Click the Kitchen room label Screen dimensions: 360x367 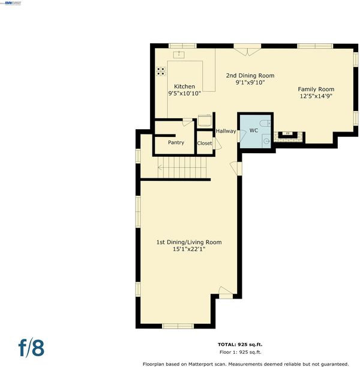click(184, 86)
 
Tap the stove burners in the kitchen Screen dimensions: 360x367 click(161, 71)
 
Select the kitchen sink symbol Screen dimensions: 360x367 click(179, 55)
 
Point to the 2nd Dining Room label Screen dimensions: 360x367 click(250, 76)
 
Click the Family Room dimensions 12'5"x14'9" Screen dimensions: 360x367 click(316, 96)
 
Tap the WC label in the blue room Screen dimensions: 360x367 click(254, 130)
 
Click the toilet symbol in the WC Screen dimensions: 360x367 click(266, 123)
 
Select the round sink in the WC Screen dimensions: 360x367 click(266, 141)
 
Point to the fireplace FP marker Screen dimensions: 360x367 click(288, 133)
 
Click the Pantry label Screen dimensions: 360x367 click(176, 142)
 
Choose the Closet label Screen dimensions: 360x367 click(205, 143)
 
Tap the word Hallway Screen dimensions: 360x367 click(226, 131)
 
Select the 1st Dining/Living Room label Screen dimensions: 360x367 click(189, 242)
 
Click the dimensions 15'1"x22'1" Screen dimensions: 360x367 click(189, 249)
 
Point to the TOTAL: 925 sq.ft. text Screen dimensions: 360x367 click(240, 345)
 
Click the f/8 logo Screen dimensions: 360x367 click(31, 348)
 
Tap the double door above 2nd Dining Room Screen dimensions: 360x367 click(247, 50)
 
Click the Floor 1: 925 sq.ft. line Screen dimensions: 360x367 click(241, 352)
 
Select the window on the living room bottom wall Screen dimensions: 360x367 click(178, 326)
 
